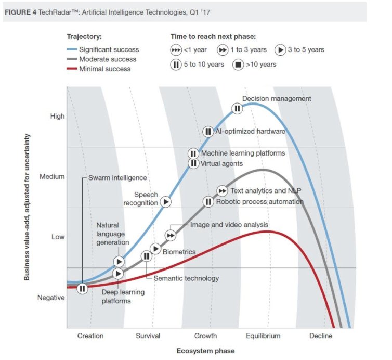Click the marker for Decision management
237,108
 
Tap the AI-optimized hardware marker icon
207,132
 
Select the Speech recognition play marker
166,201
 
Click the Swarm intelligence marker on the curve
83,288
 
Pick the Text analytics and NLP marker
222,191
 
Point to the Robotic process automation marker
208,201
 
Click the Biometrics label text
179,252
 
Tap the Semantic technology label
186,278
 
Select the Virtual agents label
222,163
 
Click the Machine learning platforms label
243,153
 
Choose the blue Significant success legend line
72,49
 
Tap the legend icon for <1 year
176,50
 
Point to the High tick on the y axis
57,116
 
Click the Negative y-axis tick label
51,298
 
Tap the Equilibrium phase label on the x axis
263,336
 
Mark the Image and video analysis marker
171,236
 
